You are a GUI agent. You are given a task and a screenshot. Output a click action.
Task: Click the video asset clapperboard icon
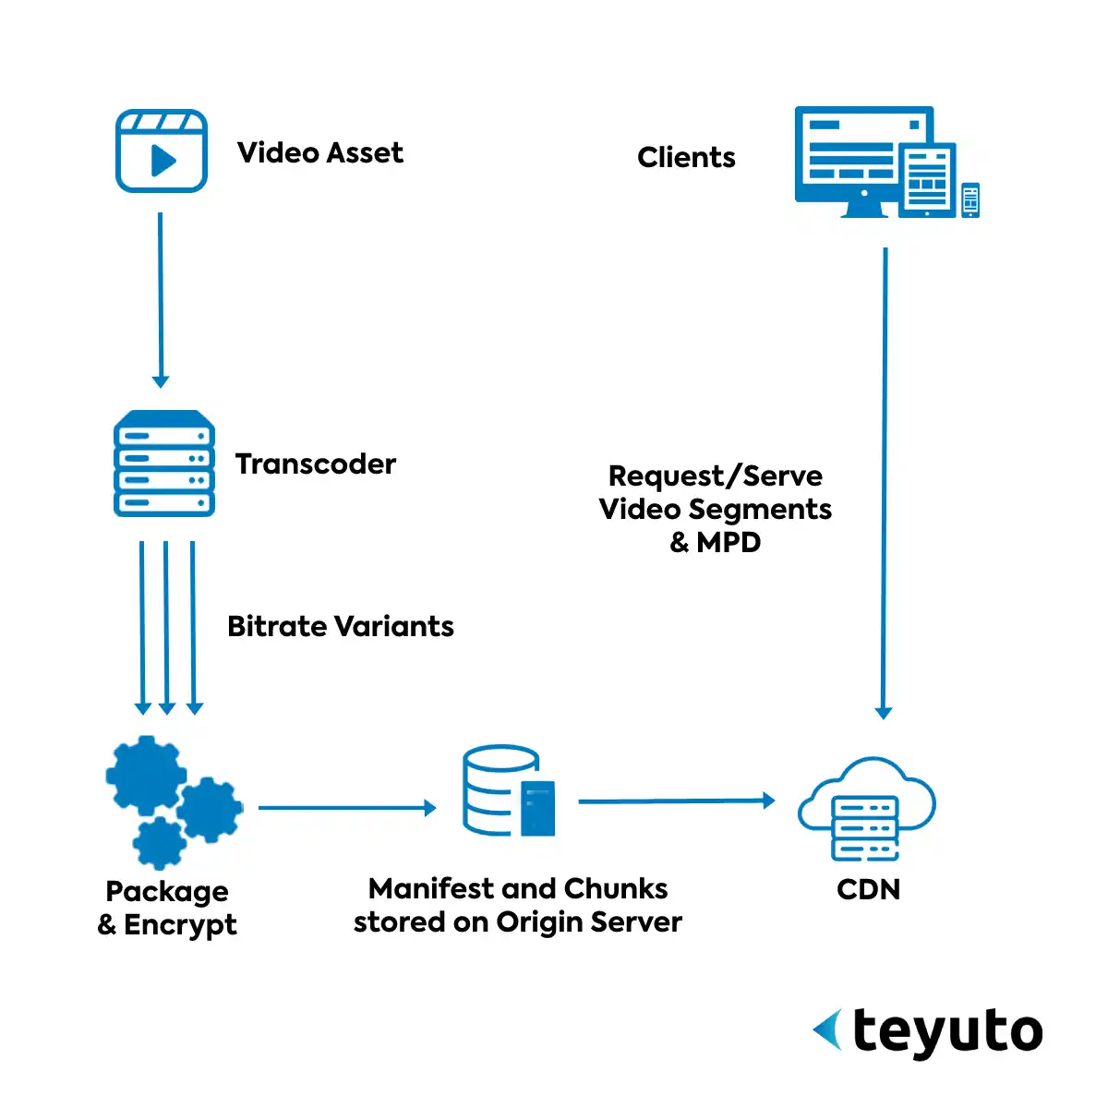[162, 151]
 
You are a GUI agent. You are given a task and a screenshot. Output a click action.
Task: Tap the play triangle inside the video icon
[163, 161]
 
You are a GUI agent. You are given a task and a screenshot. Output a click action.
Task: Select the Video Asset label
[320, 152]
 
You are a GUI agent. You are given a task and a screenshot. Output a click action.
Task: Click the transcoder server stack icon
[164, 464]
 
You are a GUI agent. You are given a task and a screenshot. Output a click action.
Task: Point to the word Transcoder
[316, 464]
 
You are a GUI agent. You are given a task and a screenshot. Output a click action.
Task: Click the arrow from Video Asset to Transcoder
[161, 295]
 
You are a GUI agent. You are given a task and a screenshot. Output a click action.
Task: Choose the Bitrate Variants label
[341, 626]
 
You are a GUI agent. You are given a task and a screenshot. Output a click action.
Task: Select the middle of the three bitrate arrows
[166, 628]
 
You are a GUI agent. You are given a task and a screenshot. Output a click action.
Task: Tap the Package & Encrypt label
[168, 908]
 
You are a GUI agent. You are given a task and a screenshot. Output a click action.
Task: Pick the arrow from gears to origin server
[346, 808]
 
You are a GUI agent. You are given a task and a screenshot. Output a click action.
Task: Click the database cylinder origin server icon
[508, 791]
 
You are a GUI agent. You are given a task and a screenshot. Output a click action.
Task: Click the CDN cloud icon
[866, 808]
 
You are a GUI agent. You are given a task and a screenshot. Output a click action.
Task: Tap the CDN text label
[868, 889]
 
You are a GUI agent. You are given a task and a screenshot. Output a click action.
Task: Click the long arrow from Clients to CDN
[885, 480]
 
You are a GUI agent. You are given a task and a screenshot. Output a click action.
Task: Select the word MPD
[729, 542]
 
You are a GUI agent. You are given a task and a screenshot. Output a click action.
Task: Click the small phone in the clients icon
[969, 199]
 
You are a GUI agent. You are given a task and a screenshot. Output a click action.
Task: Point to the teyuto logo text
[947, 1031]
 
